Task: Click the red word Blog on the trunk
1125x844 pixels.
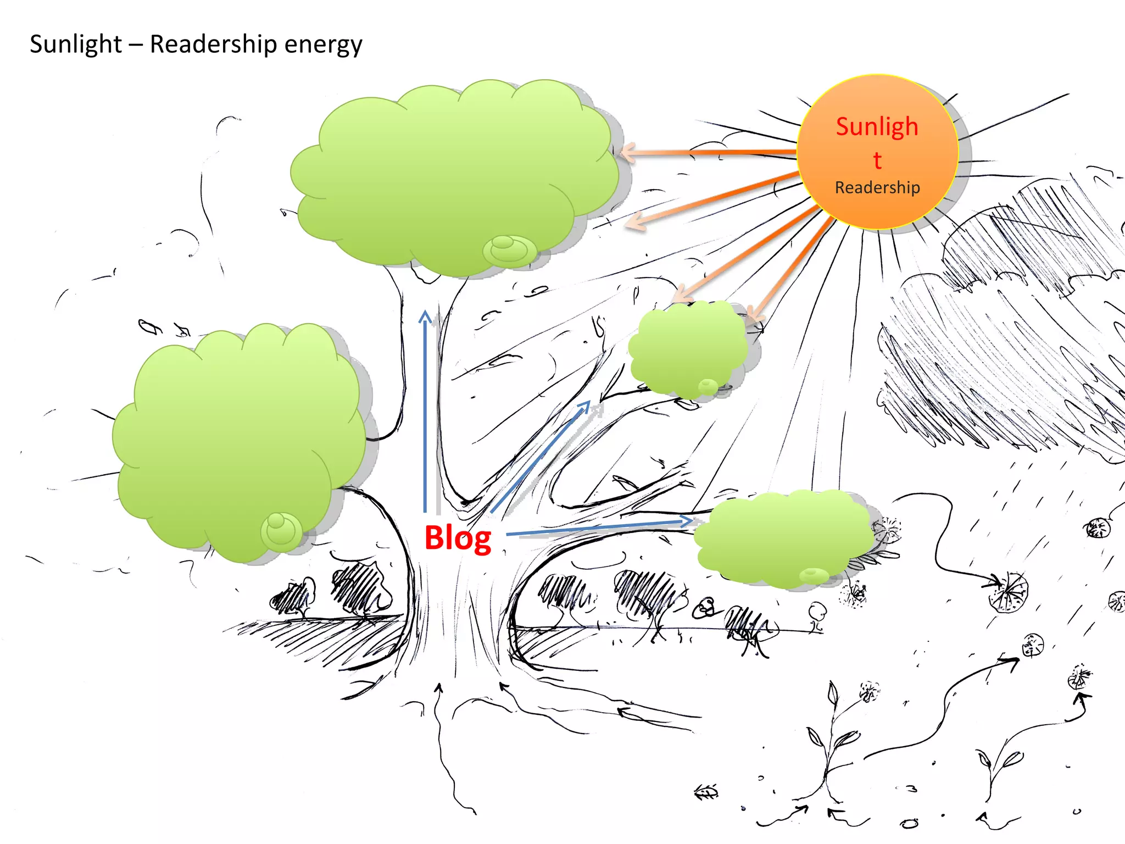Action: [458, 538]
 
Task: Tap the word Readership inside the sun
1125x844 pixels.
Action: [877, 187]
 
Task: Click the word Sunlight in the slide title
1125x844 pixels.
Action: [76, 44]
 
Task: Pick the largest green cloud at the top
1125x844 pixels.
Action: [450, 176]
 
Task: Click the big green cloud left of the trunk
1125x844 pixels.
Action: [236, 440]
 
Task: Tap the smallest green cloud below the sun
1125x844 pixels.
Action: [687, 349]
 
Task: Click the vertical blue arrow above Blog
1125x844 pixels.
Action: [425, 412]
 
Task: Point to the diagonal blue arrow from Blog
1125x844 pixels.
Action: [541, 456]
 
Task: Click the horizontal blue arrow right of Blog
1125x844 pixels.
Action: [599, 527]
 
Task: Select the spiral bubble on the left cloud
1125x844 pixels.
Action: [281, 530]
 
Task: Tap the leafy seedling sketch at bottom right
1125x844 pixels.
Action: [829, 742]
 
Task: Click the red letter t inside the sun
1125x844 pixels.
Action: [877, 160]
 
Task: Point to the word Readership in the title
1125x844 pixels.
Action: [213, 44]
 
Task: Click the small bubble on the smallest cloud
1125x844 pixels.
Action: [707, 386]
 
